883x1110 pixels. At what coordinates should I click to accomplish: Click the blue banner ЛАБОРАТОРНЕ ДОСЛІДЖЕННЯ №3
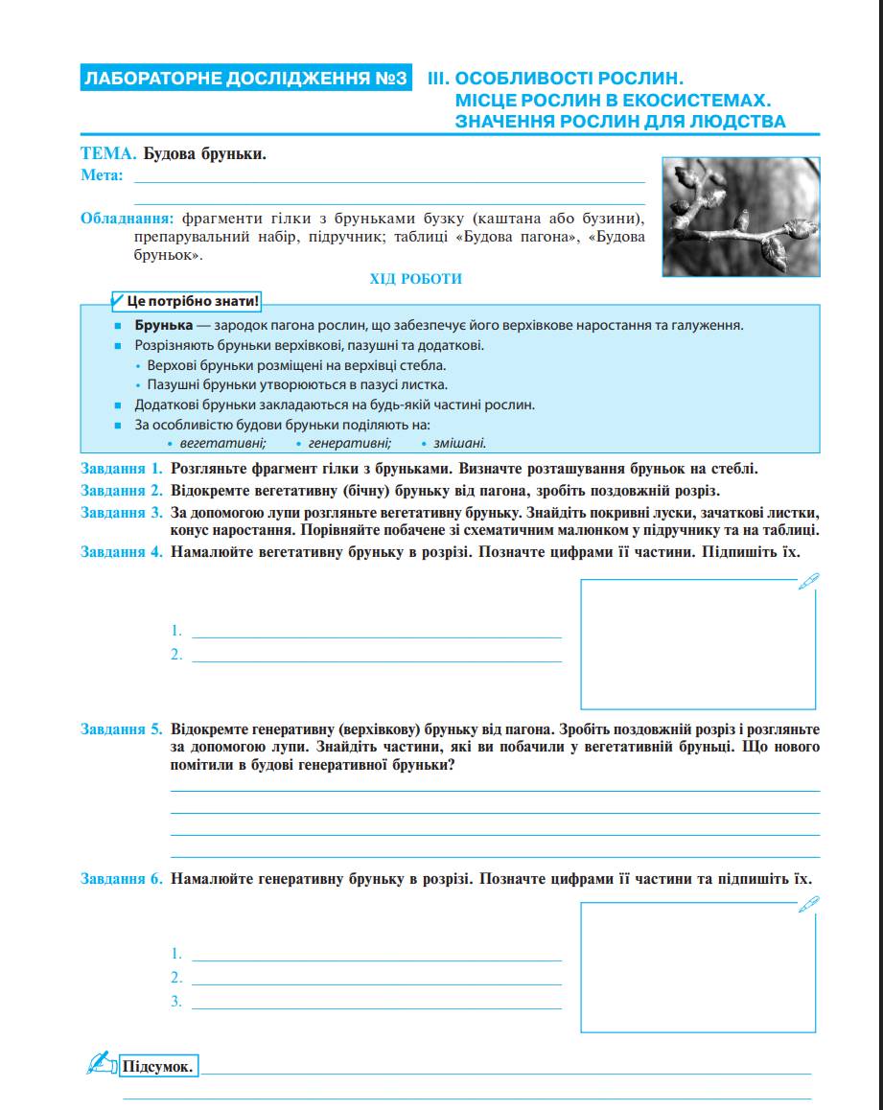click(x=247, y=79)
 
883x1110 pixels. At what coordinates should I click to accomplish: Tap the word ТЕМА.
click(x=107, y=153)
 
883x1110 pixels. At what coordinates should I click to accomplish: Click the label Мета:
click(x=103, y=174)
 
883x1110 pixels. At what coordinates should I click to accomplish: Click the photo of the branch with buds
click(x=741, y=217)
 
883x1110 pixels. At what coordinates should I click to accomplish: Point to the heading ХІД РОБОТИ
click(x=416, y=279)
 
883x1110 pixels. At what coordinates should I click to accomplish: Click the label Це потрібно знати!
click(x=192, y=301)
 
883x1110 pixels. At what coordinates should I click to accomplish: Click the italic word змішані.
click(x=458, y=443)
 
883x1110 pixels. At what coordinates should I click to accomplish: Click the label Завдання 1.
click(x=122, y=469)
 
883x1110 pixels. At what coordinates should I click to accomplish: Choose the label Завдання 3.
click(x=122, y=512)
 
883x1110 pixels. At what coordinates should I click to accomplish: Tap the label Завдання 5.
click(x=122, y=728)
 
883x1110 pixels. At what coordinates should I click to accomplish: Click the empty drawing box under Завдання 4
click(x=698, y=643)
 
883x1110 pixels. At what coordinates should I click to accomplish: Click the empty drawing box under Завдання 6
click(x=698, y=967)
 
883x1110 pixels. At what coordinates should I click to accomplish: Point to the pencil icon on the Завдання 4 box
click(x=808, y=580)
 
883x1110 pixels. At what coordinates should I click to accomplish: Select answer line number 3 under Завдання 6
click(x=376, y=1002)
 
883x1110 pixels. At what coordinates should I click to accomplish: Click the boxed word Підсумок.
click(x=158, y=1066)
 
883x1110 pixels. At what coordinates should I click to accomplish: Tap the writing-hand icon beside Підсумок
click(x=100, y=1062)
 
